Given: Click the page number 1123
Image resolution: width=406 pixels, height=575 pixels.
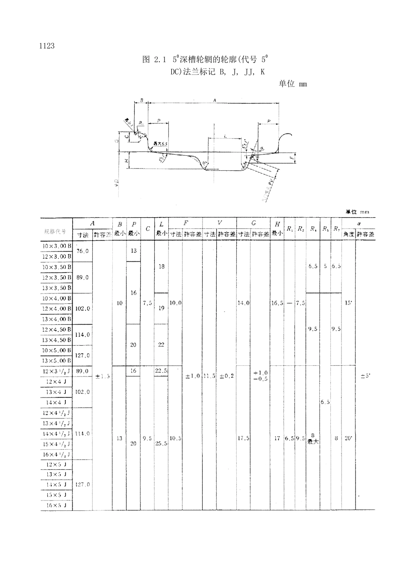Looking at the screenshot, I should pyautogui.click(x=47, y=46).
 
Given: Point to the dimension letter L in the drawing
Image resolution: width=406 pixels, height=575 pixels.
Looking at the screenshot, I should pyautogui.click(x=225, y=136).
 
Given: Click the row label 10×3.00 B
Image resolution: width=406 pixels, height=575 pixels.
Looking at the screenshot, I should pyautogui.click(x=57, y=246).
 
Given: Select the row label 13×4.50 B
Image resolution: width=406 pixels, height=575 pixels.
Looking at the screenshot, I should pyautogui.click(x=57, y=340).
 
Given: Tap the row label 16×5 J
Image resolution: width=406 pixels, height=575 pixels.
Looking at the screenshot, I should pyautogui.click(x=57, y=505).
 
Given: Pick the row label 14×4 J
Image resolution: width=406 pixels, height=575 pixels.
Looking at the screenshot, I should pyautogui.click(x=57, y=403).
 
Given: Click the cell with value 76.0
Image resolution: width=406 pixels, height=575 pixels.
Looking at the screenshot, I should pyautogui.click(x=82, y=251).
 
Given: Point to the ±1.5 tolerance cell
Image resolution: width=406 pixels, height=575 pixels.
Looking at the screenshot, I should pyautogui.click(x=103, y=376).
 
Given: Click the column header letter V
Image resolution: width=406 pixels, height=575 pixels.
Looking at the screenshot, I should pyautogui.click(x=219, y=223).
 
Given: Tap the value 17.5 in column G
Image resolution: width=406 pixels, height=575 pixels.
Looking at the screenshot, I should pyautogui.click(x=243, y=438).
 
